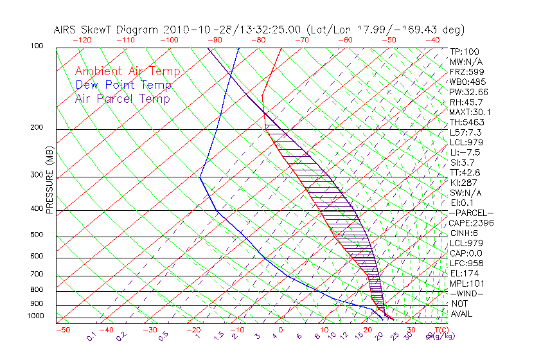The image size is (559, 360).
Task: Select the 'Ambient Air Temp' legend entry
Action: click(127, 71)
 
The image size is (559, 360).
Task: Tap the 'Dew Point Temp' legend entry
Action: click(123, 85)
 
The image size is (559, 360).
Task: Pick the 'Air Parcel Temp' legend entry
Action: click(123, 98)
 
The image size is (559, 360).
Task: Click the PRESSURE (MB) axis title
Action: click(49, 179)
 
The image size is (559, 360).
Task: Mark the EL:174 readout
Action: click(464, 273)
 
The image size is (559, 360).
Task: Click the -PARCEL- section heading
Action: click(471, 213)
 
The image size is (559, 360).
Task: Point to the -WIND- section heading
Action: click(467, 294)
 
